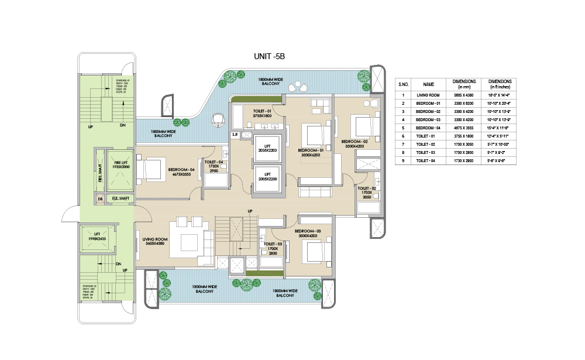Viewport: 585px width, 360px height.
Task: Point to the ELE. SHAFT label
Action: pos(121,199)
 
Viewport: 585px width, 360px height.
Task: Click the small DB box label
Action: pos(101,199)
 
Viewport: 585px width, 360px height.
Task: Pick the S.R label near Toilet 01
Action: pos(235,135)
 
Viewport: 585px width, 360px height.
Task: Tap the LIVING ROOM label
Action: pos(155,238)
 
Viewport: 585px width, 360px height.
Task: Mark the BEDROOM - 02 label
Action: pos(355,142)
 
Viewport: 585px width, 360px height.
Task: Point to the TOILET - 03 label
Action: pos(273,244)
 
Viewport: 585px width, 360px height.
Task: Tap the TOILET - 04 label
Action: pos(214,162)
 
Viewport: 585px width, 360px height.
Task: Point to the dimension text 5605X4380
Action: pos(155,244)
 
